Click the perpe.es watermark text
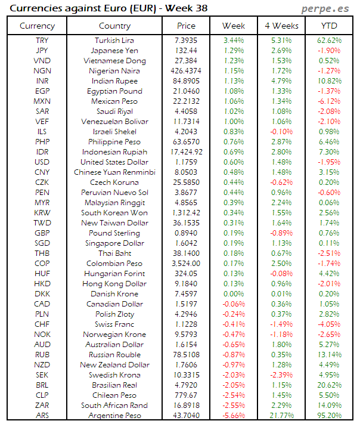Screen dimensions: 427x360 pos(325,8)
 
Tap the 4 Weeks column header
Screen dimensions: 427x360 pos(281,26)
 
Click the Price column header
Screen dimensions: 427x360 pos(186,26)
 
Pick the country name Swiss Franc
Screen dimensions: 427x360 pos(114,324)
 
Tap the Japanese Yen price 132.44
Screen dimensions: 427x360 pos(186,51)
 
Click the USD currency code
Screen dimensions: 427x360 pos(42,162)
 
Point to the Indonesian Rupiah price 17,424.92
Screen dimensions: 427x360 pos(186,152)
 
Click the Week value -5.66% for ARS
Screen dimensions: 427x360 pos(234,415)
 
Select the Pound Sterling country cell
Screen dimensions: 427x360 pos(114,233)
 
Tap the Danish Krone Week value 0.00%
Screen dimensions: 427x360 pos(234,294)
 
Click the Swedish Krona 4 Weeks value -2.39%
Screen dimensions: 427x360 pos(281,375)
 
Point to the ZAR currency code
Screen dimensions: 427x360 pos(42,406)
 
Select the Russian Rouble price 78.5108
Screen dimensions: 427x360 pos(186,355)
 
